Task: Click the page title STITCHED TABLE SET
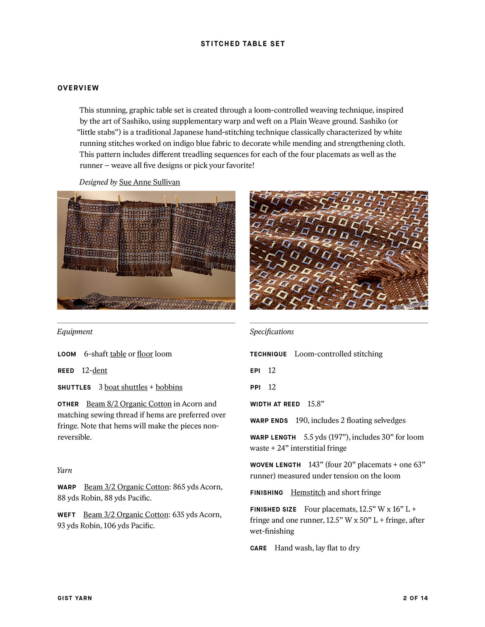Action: click(x=242, y=44)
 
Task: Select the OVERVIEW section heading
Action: click(x=78, y=88)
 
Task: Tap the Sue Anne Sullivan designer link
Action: click(x=150, y=182)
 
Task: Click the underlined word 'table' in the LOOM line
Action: click(x=118, y=354)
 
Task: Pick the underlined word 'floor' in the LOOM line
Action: click(x=145, y=354)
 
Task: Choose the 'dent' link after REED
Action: click(x=100, y=371)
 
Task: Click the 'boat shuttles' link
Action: click(x=126, y=387)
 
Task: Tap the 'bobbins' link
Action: click(x=169, y=387)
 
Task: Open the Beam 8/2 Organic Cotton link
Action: click(x=129, y=404)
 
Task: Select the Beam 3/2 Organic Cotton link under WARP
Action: click(x=127, y=487)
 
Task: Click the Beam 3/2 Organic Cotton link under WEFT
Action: click(x=126, y=515)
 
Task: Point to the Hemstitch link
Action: click(x=308, y=493)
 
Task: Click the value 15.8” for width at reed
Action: click(x=316, y=404)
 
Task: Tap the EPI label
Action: click(x=255, y=371)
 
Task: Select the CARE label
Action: click(x=258, y=548)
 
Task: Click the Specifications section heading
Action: click(x=272, y=332)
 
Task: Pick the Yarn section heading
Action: click(x=65, y=470)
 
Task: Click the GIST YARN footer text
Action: click(x=75, y=598)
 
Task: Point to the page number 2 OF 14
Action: click(x=415, y=598)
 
